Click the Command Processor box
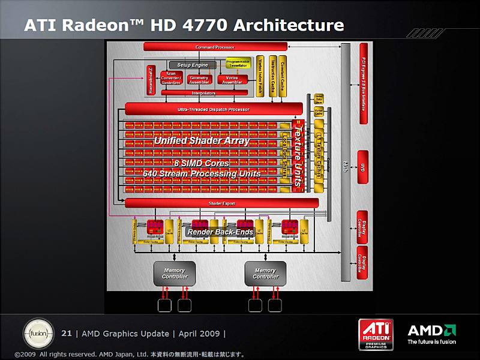point(214,47)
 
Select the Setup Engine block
point(192,65)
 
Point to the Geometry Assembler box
point(199,79)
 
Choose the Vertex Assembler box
point(232,79)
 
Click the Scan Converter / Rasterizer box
point(171,79)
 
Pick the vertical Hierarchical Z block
point(150,80)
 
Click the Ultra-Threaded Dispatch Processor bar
point(214,109)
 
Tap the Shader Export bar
point(221,203)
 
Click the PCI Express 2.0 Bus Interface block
point(362,84)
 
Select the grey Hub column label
point(346,163)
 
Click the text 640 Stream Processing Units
point(202,173)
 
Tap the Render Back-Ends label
point(212,232)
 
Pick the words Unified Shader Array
point(201,141)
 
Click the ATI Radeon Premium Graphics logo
point(376,334)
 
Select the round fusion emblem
point(37,333)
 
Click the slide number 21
point(67,334)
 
